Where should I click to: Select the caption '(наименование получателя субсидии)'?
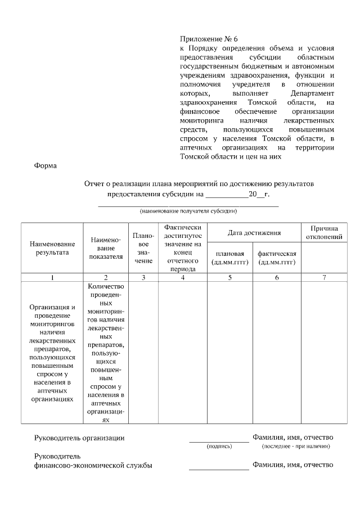coord(188,211)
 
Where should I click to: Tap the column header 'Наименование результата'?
coord(52,248)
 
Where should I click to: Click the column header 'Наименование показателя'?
coord(105,248)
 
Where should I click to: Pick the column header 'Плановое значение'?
coord(143,248)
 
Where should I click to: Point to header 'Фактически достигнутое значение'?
coord(182,248)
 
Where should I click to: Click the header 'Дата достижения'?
coord(254,232)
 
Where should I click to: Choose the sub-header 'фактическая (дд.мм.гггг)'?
coord(277,258)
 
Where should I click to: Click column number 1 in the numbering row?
coord(52,277)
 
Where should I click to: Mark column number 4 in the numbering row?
coord(182,277)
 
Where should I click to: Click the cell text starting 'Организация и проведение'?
coord(52,353)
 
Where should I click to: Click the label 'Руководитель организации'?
coord(79,438)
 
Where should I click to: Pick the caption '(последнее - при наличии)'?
coord(296,447)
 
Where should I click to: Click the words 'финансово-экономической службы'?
coord(93,466)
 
